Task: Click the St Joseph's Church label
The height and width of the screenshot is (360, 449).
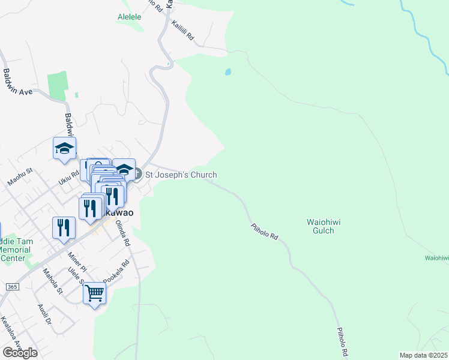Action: coord(181,175)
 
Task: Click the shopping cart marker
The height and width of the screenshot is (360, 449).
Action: coord(94,294)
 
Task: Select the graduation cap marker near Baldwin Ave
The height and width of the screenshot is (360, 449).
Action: coord(65,149)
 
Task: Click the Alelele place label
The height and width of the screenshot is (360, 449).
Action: coord(130,17)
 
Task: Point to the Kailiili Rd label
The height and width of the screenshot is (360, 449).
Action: coord(183,31)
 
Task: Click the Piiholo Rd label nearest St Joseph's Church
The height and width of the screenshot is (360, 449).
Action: coord(264,230)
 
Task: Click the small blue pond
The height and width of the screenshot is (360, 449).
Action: coord(228,73)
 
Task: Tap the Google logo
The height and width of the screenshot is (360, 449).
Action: coord(20,353)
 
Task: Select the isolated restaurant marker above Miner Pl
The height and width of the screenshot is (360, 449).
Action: coord(63,229)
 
